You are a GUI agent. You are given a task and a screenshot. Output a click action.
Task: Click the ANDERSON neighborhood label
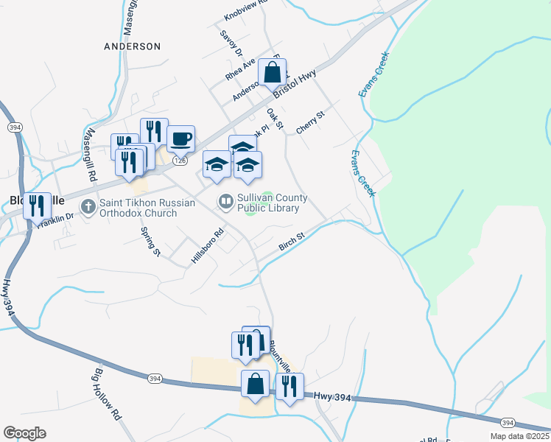[x=132, y=46]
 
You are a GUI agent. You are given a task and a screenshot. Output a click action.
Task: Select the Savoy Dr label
[x=231, y=43]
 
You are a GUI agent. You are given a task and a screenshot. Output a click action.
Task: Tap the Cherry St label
[x=310, y=123]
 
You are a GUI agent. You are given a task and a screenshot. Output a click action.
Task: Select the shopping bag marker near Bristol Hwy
[x=273, y=72]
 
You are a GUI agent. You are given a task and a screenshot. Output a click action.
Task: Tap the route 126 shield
[x=179, y=160]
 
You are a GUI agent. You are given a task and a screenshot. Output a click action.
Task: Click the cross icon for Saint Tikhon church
[x=88, y=206]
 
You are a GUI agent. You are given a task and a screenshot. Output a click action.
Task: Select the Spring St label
[x=150, y=242]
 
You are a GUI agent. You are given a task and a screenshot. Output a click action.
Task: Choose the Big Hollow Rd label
[x=108, y=394]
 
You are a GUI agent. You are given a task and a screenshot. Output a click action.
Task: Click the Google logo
[x=25, y=433]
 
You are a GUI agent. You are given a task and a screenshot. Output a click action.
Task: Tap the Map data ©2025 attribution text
[x=519, y=436]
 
